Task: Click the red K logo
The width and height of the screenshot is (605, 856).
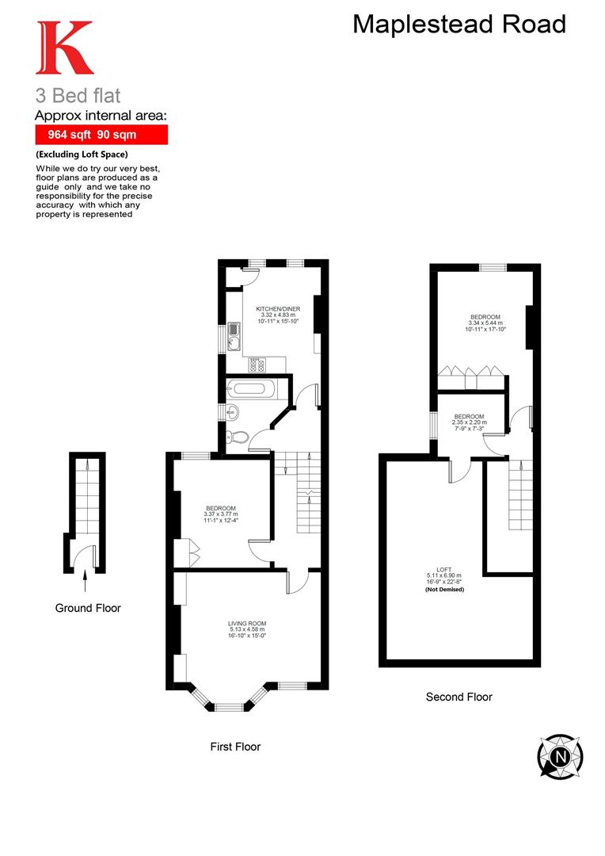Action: click(x=64, y=48)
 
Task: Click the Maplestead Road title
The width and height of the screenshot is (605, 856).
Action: click(x=459, y=25)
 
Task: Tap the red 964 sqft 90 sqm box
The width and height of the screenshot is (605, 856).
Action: click(x=101, y=134)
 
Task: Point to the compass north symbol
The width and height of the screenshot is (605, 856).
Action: click(x=561, y=756)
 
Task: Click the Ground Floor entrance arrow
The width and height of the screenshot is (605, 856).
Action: click(x=85, y=583)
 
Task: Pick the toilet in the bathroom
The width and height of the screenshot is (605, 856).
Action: click(x=240, y=435)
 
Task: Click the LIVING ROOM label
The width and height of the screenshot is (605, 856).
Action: click(x=247, y=624)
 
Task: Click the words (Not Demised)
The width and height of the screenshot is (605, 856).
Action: click(x=443, y=590)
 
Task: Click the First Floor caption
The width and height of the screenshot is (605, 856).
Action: click(x=235, y=747)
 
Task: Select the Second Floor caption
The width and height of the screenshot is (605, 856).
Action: click(x=459, y=697)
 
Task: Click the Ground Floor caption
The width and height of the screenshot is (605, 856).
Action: click(x=88, y=608)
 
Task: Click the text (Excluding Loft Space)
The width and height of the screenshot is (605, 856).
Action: click(x=82, y=154)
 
